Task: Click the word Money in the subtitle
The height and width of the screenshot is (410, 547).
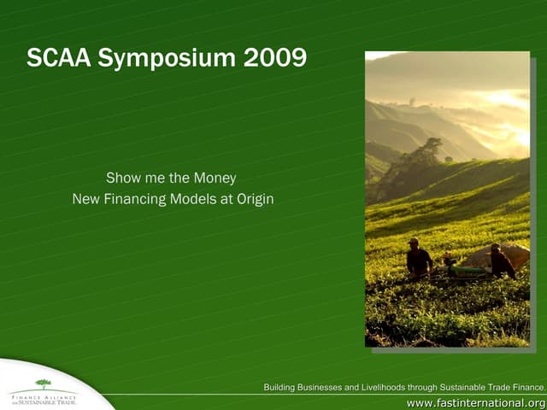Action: tap(214, 179)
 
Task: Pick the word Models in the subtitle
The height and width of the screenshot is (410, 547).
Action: tap(202, 199)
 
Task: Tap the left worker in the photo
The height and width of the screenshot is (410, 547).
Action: tap(417, 259)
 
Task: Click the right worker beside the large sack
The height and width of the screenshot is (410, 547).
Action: tap(500, 261)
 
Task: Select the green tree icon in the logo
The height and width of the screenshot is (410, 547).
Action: tap(43, 384)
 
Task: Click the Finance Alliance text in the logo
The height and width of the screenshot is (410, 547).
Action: tap(43, 395)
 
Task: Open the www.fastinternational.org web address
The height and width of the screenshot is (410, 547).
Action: tap(475, 402)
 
